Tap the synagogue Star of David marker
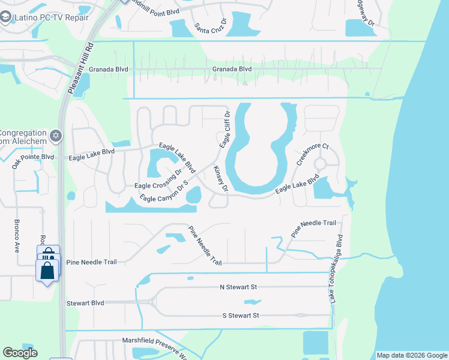57,136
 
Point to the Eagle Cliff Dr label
224,130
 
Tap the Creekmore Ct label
313,154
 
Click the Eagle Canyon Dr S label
164,191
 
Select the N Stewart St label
238,287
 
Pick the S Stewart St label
240,315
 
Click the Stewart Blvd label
85,303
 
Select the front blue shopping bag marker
47,271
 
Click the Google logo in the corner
20,353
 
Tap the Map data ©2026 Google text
411,355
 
